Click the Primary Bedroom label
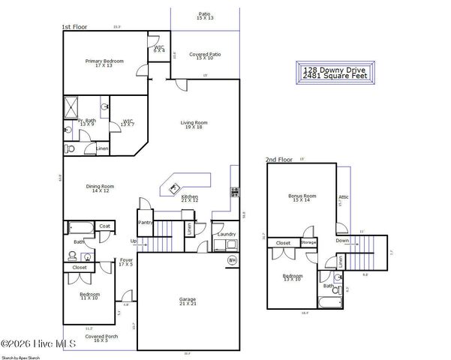(104, 61)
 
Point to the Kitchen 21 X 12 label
(189, 198)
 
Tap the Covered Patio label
(204, 55)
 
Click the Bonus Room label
(302, 197)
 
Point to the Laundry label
(227, 234)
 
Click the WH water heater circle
(232, 259)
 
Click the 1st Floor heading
(74, 26)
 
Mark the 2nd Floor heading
(278, 160)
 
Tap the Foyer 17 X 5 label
(126, 262)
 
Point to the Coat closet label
(105, 226)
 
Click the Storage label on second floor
(308, 243)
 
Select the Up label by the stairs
(134, 241)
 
